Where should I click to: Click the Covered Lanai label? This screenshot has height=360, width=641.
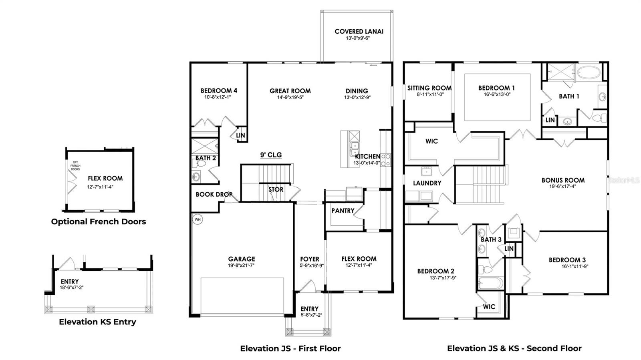pyautogui.click(x=359, y=31)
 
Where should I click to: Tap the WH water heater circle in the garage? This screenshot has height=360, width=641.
pyautogui.click(x=197, y=219)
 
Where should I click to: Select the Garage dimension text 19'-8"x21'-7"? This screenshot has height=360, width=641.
pyautogui.click(x=242, y=265)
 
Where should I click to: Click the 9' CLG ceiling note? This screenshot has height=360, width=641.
pyautogui.click(x=271, y=155)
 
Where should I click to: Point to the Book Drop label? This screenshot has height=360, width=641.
pyautogui.click(x=214, y=195)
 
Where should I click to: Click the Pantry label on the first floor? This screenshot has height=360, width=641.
pyautogui.click(x=343, y=211)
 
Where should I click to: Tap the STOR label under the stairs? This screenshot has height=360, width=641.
pyautogui.click(x=276, y=189)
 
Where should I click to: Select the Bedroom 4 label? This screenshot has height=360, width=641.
pyautogui.click(x=219, y=91)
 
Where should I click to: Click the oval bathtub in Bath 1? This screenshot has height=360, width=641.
pyautogui.click(x=589, y=73)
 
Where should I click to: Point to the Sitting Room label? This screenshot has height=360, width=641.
pyautogui.click(x=429, y=88)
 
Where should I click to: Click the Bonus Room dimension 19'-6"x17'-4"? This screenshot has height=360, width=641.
pyautogui.click(x=563, y=186)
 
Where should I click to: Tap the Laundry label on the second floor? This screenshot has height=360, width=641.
pyautogui.click(x=427, y=183)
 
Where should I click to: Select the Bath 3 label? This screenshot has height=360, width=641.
pyautogui.click(x=491, y=239)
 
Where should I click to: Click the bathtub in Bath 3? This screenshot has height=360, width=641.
pyautogui.click(x=490, y=283)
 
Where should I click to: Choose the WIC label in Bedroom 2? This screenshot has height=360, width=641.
pyautogui.click(x=489, y=307)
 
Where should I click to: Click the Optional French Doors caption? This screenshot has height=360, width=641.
pyautogui.click(x=99, y=221)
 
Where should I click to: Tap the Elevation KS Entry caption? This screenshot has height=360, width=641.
pyautogui.click(x=97, y=322)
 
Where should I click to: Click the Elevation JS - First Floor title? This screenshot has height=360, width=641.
pyautogui.click(x=290, y=348)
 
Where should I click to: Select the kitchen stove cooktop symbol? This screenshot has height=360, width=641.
pyautogui.click(x=385, y=160)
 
